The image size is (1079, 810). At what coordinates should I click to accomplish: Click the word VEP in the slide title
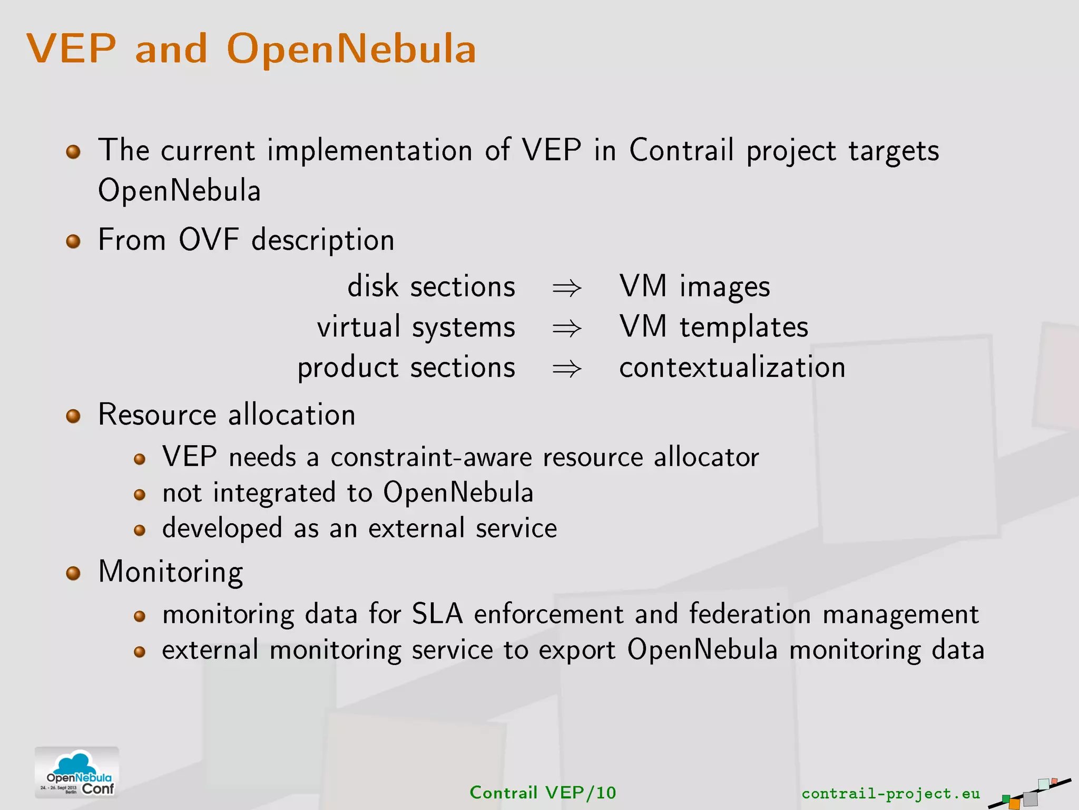(x=71, y=49)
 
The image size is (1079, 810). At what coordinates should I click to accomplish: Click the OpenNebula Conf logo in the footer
(x=77, y=772)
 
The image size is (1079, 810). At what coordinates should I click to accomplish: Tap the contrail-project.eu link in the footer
(x=890, y=793)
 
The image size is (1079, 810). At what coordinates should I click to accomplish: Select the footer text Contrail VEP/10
(x=543, y=793)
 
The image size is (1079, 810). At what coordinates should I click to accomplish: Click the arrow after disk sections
(x=566, y=288)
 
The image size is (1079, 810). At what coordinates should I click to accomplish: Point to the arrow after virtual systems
(x=566, y=329)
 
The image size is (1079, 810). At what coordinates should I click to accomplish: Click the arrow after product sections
(x=566, y=369)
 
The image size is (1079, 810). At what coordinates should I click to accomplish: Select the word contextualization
(x=732, y=367)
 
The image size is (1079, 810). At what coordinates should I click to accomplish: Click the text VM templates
(x=713, y=327)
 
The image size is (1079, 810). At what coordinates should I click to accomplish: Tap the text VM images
(x=694, y=287)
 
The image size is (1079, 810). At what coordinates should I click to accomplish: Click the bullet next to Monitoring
(x=73, y=573)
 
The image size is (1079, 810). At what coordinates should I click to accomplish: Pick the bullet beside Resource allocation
(x=73, y=416)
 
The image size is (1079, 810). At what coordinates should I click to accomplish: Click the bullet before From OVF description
(x=73, y=242)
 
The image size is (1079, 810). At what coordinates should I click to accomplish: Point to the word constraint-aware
(x=431, y=457)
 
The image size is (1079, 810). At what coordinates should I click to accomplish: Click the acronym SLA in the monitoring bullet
(x=437, y=614)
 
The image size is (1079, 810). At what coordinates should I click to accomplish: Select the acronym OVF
(x=209, y=240)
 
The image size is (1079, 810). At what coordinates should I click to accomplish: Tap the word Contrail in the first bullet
(x=681, y=150)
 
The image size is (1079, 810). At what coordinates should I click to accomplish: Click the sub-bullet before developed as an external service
(x=140, y=530)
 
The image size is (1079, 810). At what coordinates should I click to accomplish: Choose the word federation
(x=750, y=614)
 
